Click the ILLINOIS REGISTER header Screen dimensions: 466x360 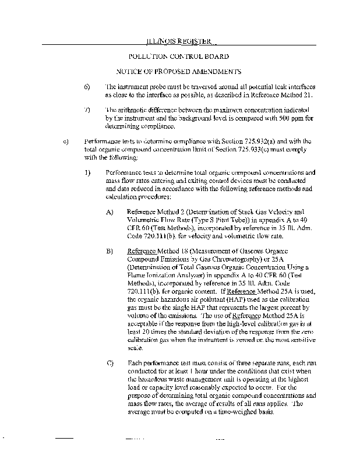(179, 41)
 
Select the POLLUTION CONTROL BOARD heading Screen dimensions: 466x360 (178, 57)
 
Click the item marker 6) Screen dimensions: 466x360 (87, 86)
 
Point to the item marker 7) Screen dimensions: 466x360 (87, 110)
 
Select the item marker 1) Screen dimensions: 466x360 (87, 172)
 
